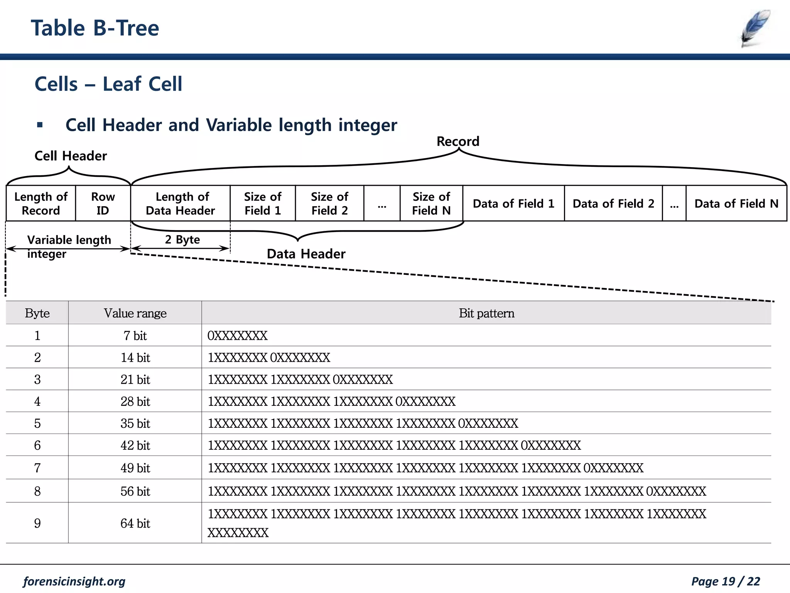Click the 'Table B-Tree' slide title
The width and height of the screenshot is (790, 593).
pos(95,28)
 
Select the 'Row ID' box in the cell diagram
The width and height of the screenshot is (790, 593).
pos(103,203)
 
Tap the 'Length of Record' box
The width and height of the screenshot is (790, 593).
pos(41,203)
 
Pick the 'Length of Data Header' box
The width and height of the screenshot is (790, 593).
pos(181,203)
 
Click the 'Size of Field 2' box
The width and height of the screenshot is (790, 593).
pos(329,203)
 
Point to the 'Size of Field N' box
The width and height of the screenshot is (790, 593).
pos(431,203)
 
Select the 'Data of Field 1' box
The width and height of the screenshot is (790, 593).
pos(513,203)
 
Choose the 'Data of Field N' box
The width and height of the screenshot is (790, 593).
pos(736,203)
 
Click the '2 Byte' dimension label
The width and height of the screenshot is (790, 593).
pos(182,240)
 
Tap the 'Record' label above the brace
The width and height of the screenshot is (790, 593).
pos(458,141)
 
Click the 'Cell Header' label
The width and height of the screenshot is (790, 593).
pos(71,156)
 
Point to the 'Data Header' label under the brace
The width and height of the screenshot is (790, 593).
pos(306,254)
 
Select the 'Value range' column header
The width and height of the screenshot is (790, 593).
pos(135,313)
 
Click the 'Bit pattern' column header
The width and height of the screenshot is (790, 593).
pos(486,313)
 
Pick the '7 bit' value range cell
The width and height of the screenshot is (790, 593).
pos(135,335)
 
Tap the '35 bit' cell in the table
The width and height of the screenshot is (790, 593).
pos(135,424)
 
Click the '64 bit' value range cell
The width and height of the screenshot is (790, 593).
pos(135,524)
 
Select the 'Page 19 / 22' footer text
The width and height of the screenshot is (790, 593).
pos(725,581)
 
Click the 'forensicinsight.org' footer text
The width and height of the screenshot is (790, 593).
pos(74,581)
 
